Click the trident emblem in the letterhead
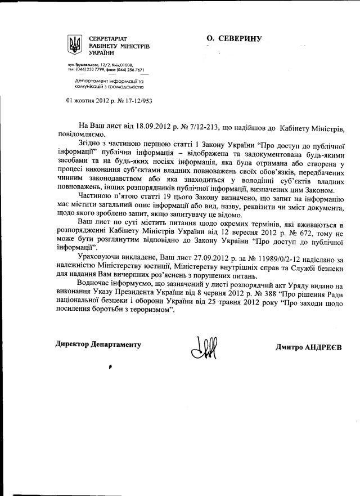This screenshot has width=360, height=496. coord(73,43)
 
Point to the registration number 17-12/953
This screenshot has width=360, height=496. coord(138,101)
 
